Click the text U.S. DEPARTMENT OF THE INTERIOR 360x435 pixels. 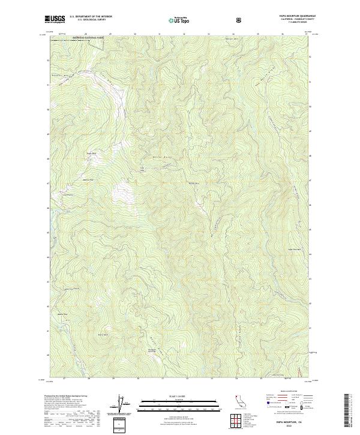coord(90,17)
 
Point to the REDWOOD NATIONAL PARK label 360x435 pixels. coord(89,38)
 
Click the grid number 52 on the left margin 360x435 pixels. coord(47,60)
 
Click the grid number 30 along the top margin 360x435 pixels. coord(135,34)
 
